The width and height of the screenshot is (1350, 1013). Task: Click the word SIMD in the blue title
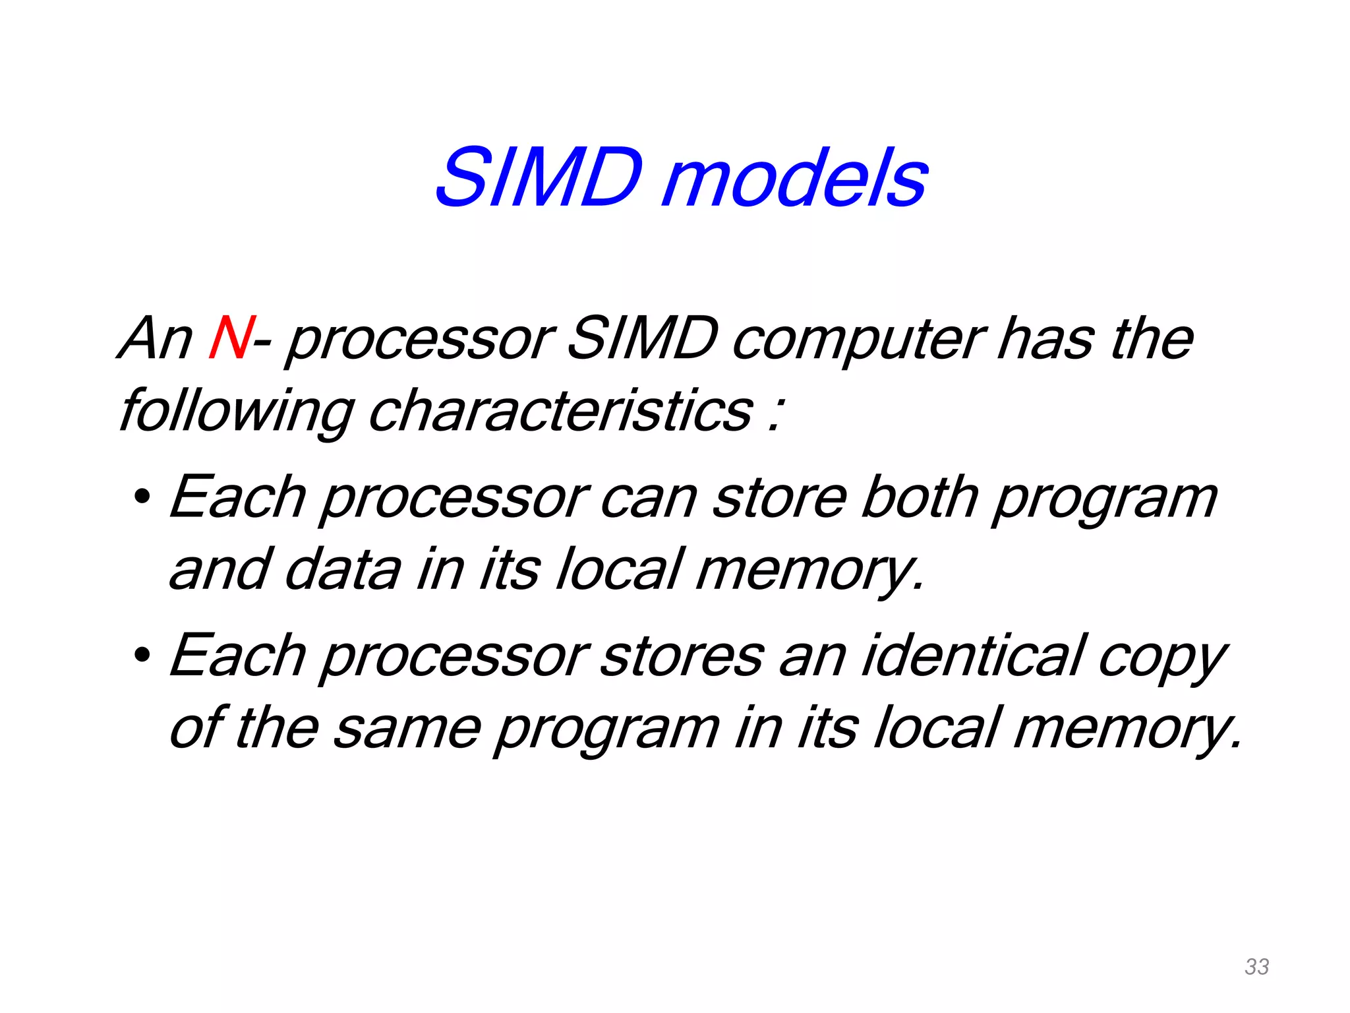pyautogui.click(x=539, y=178)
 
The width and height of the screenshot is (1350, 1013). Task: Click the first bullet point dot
pyautogui.click(x=141, y=497)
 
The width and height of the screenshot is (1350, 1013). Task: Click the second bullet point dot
pyautogui.click(x=141, y=656)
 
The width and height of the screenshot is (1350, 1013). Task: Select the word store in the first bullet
pyautogui.click(x=780, y=498)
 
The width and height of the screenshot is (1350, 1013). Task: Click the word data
pyautogui.click(x=343, y=570)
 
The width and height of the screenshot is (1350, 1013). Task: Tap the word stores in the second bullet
pyautogui.click(x=682, y=656)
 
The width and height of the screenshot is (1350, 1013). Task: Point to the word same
pyautogui.click(x=407, y=729)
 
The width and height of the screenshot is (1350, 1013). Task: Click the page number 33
pyautogui.click(x=1256, y=967)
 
